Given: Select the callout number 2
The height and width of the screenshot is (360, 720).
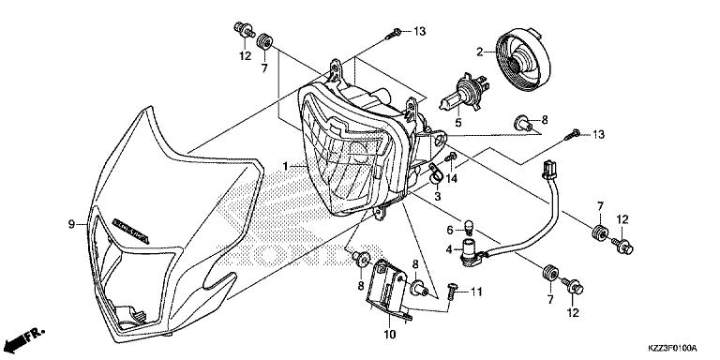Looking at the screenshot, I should [x=479, y=51].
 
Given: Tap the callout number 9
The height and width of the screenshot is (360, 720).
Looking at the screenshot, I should [x=70, y=223].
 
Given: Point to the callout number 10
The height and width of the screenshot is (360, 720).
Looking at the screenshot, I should [x=390, y=333].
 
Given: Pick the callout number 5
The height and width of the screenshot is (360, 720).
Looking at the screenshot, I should [x=458, y=122].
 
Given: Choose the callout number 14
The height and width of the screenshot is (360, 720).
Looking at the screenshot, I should [x=452, y=178].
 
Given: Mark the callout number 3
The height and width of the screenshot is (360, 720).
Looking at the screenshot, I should [x=436, y=197].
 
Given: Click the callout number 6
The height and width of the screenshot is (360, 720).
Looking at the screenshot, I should [x=450, y=230].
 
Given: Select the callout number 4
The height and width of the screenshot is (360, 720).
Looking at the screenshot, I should [x=450, y=249].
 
